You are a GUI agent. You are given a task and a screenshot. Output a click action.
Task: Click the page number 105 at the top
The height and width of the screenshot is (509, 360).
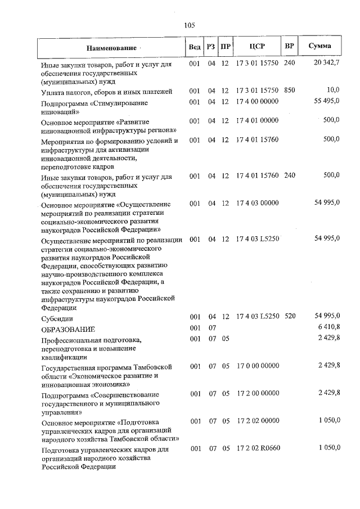tap(189, 25)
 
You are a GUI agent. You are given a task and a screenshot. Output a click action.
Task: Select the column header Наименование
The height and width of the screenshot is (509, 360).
tap(111, 47)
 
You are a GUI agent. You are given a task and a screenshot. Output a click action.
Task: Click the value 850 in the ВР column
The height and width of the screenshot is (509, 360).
tap(290, 91)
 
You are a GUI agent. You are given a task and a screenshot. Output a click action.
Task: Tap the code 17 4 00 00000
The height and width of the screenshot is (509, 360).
tap(257, 102)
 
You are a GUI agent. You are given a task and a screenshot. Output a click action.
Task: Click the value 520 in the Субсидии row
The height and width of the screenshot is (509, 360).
tap(290, 317)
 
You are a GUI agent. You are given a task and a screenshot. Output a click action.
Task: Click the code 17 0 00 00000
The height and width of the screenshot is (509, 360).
tap(257, 366)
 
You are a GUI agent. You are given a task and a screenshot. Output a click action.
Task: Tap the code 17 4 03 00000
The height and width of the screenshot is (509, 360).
tap(257, 202)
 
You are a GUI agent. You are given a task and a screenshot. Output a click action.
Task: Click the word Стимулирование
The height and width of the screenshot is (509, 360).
tap(121, 102)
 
